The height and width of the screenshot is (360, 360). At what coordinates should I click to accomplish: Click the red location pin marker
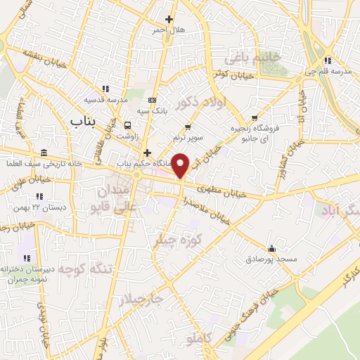pos(181,165)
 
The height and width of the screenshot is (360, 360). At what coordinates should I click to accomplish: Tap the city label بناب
pos(82,122)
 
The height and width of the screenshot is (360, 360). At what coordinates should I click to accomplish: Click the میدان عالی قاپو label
pos(120,193)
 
